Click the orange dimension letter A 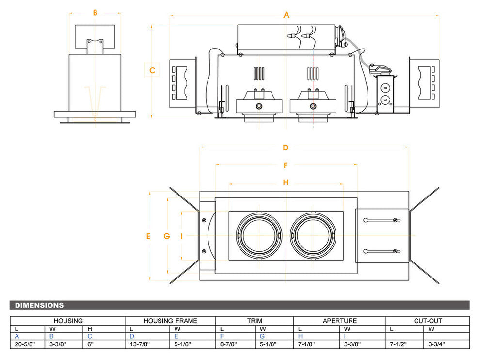coord(287,15)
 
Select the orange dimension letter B coord(95,13)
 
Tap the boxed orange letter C coord(152,70)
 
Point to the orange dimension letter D coord(286,147)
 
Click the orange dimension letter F coord(286,165)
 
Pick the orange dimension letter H coord(286,182)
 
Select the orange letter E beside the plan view coord(148,236)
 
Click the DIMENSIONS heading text coord(39,305)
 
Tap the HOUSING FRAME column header coord(170,321)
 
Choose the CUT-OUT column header coord(428,321)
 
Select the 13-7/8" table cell coord(140,344)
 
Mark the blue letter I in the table coord(345,336)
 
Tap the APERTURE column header coord(340,321)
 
